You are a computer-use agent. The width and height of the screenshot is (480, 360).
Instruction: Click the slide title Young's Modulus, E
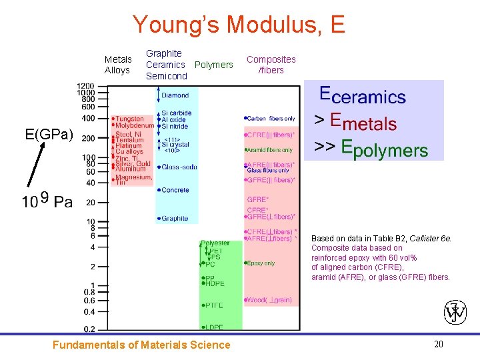coord(239,25)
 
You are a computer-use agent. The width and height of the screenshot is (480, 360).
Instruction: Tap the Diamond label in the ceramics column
coord(174,96)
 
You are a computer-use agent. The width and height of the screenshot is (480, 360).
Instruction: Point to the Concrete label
coord(175,190)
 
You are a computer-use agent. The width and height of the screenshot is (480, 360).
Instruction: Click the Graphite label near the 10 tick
coord(174,219)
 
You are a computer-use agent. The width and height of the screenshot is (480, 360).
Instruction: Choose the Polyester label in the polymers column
coord(215,243)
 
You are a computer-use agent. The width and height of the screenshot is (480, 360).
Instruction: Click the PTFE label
coord(214,305)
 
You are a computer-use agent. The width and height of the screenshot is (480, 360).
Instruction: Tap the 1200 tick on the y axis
coord(85,86)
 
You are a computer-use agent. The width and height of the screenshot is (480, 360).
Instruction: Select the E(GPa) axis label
coord(49,135)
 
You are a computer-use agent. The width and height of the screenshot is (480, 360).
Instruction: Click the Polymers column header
coord(213,65)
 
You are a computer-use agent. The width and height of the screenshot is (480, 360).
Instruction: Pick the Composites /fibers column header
coord(271,65)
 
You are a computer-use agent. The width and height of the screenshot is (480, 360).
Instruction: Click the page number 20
coord(439,344)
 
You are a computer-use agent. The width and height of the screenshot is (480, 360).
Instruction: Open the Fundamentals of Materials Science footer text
coord(141,345)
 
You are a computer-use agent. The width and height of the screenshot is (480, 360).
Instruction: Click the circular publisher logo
coord(455,311)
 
